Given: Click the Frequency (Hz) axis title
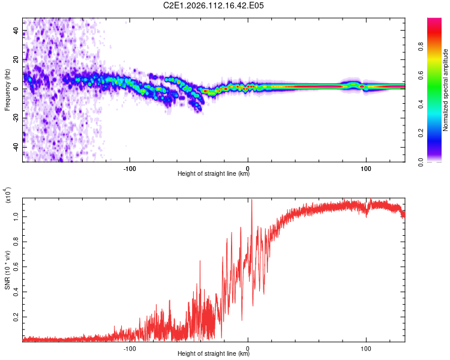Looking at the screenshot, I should pyautogui.click(x=8, y=90).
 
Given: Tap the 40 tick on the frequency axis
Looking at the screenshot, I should pyautogui.click(x=16, y=31).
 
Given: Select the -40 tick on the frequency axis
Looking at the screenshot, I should pyautogui.click(x=16, y=148).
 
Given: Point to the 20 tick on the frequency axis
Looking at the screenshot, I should pyautogui.click(x=16, y=60).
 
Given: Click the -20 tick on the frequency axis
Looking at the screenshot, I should pyautogui.click(x=16, y=118).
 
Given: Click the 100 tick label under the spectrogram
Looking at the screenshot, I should pyautogui.click(x=365, y=167).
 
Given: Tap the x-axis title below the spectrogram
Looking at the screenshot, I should pyautogui.click(x=214, y=174).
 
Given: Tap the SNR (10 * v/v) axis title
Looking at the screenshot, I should pyautogui.click(x=8, y=270).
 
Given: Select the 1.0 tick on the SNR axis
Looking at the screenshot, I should pyautogui.click(x=16, y=215).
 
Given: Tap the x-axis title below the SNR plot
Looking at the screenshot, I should pyautogui.click(x=214, y=354).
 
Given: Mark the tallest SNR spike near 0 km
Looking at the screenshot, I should pyautogui.click(x=251, y=200).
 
